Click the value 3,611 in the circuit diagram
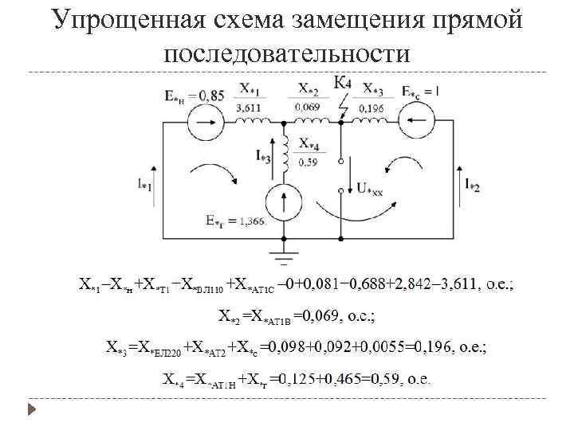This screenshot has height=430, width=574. pyautogui.click(x=250, y=107)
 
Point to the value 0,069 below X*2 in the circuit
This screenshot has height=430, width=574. pyautogui.click(x=308, y=107)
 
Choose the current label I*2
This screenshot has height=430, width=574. pyautogui.click(x=472, y=185)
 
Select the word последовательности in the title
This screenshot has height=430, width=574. pyautogui.click(x=288, y=53)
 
